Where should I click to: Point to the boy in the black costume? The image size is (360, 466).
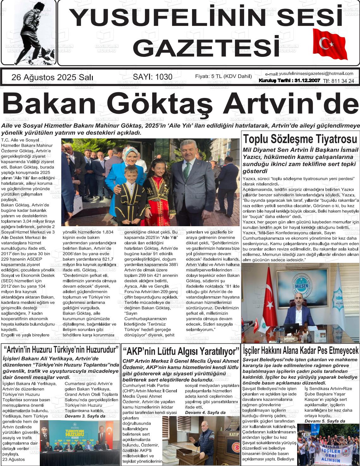pos(129,196)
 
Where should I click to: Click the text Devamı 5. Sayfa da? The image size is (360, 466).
pos(325,421)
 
